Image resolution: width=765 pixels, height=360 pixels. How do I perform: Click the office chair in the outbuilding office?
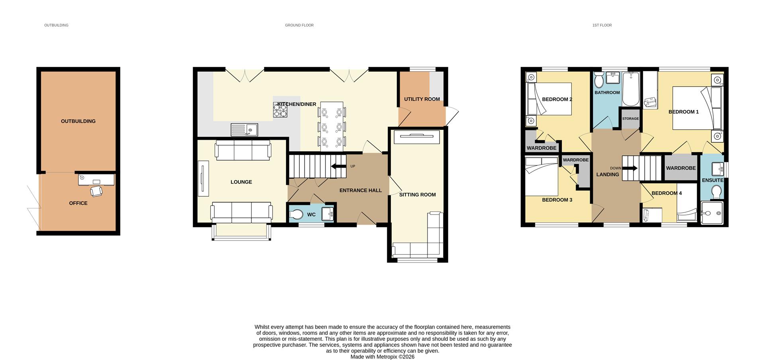pyautogui.click(x=96, y=191)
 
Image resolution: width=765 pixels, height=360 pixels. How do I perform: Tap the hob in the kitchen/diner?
pyautogui.click(x=280, y=110)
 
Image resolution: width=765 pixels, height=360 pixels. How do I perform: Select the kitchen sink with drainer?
pyautogui.click(x=244, y=130)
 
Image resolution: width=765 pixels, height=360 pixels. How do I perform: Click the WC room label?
pyautogui.click(x=311, y=215)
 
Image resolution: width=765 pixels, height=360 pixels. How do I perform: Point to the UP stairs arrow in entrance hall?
pyautogui.click(x=339, y=166)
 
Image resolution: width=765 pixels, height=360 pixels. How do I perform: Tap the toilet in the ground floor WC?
pyautogui.click(x=296, y=215)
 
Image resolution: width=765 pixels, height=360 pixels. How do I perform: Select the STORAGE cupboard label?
pyautogui.click(x=630, y=119)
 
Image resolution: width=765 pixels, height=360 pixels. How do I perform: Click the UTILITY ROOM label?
pyautogui.click(x=422, y=99)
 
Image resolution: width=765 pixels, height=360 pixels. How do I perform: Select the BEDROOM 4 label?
pyautogui.click(x=667, y=193)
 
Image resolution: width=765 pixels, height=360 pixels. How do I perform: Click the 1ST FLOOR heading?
pyautogui.click(x=602, y=25)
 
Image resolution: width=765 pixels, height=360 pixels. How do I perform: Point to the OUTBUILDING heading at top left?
pyautogui.click(x=56, y=25)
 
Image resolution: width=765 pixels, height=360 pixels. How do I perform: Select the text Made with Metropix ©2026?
pyautogui.click(x=382, y=357)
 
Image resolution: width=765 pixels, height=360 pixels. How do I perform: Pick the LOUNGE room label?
pyautogui.click(x=241, y=182)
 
